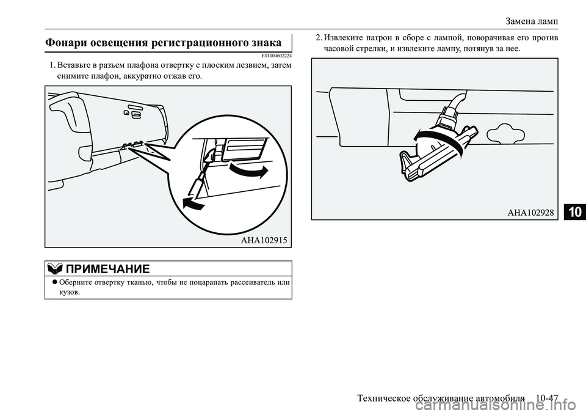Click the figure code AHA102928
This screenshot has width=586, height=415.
[x=530, y=212]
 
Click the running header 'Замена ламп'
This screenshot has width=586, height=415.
[x=533, y=21]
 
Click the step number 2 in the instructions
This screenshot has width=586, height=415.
[x=319, y=38]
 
